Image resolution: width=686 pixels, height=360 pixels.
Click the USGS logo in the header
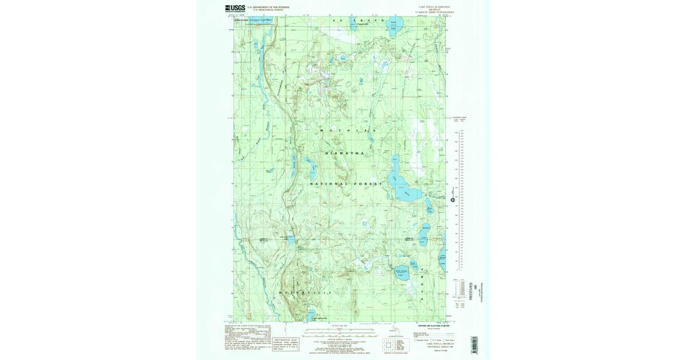pyautogui.click(x=236, y=9)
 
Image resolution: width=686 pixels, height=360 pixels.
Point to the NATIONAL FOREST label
pyautogui.click(x=345, y=184)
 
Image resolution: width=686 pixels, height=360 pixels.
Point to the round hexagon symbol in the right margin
pyautogui.click(x=452, y=199)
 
